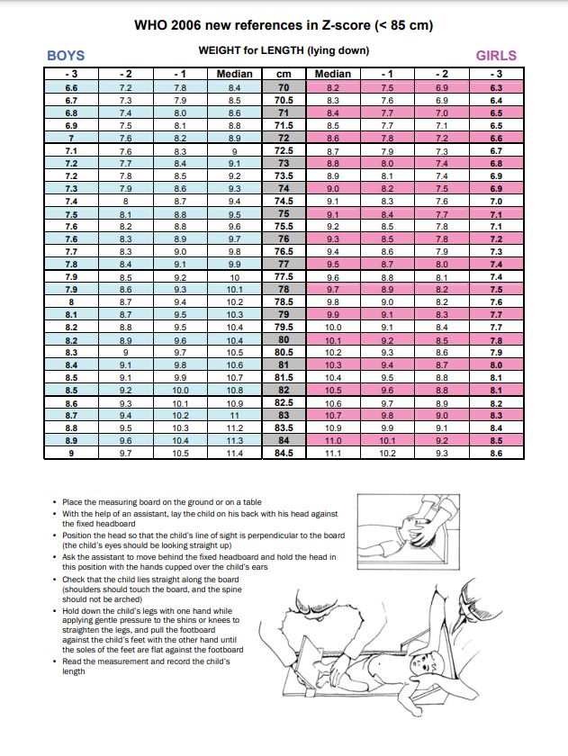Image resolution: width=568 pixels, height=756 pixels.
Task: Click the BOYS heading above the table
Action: pos(65,56)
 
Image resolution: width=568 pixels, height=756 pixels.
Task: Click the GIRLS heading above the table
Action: pos(496,56)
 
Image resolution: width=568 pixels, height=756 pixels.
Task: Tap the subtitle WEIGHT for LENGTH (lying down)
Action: pos(284,50)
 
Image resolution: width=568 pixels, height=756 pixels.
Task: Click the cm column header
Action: pos(284,74)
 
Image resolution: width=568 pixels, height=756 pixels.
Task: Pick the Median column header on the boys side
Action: pos(235,74)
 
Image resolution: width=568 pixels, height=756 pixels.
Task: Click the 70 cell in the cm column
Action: pos(284,88)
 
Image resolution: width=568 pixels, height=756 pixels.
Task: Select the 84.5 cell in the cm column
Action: pos(284,454)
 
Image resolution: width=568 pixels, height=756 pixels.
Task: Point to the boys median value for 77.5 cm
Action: pos(235,277)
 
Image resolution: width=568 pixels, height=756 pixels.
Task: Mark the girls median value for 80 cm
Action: pos(333,340)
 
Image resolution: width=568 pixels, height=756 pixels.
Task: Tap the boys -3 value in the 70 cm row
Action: pos(71,88)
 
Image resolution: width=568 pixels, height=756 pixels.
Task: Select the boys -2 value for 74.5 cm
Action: pos(125,202)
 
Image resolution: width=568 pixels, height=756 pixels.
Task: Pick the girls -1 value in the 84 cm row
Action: pos(387,441)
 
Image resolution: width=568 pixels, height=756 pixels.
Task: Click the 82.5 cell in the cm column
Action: pos(284,403)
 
